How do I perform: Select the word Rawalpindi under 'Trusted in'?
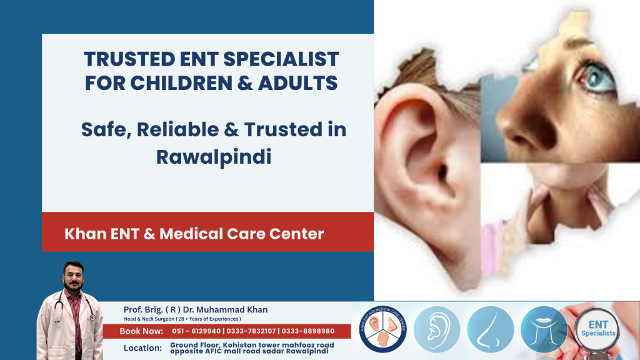(x=213, y=156)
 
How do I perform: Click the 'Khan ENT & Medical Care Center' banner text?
(x=194, y=234)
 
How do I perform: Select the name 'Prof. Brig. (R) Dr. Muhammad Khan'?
(x=196, y=310)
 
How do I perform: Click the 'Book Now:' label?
(x=141, y=331)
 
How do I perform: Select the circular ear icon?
(x=437, y=329)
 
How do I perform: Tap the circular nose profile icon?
(x=491, y=329)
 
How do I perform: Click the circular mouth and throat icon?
(x=544, y=329)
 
